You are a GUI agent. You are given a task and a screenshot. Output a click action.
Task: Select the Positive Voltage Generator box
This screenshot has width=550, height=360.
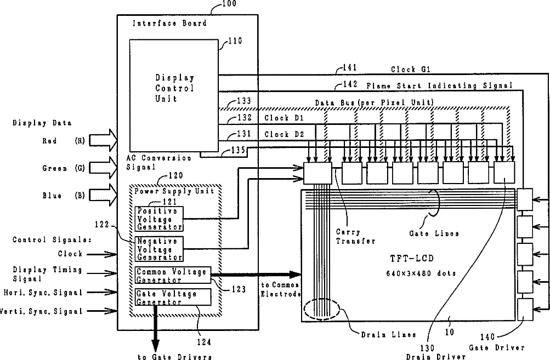[x=159, y=219]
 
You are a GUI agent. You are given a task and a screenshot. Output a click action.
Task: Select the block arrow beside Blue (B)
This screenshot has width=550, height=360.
[x=103, y=195]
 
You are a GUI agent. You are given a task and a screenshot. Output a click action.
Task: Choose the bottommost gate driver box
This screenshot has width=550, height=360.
[x=525, y=310]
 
